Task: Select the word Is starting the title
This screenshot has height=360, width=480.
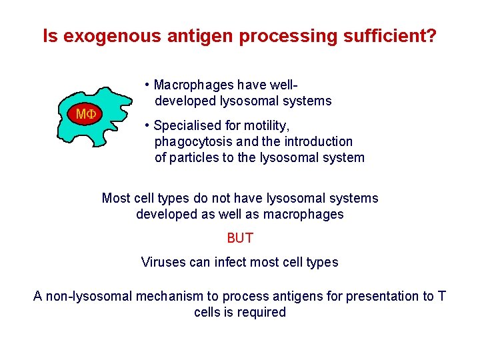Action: point(50,36)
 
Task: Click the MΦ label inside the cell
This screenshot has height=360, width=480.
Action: point(86,114)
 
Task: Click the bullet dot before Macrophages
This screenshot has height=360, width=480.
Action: point(147,85)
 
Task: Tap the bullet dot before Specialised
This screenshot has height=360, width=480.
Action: point(147,126)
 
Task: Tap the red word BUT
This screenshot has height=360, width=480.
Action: point(240,238)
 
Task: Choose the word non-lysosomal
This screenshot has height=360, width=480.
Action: point(89,296)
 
